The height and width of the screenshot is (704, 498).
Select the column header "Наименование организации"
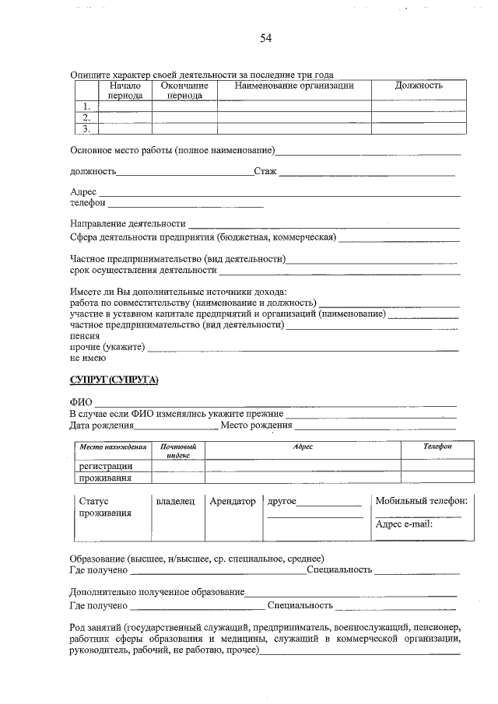tap(294, 86)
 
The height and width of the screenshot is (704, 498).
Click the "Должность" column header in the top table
tap(419, 86)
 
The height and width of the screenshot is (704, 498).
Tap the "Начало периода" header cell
tap(124, 90)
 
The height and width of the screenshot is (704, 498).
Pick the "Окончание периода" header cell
tap(184, 90)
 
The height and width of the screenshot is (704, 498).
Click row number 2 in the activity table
tap(86, 117)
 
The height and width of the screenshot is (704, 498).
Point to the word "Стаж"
tap(265, 171)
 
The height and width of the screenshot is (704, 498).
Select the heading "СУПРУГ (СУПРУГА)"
tap(114, 379)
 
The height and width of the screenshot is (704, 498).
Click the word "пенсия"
tap(84, 336)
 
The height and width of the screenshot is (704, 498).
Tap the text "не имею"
tap(88, 358)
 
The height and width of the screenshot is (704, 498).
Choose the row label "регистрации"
tap(105, 465)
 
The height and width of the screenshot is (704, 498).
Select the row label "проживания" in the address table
tap(105, 478)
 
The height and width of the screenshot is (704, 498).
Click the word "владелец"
tap(175, 502)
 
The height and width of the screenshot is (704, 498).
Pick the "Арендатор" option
tap(233, 502)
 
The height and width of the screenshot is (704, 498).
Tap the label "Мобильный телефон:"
tap(421, 502)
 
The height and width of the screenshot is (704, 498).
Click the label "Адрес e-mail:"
tap(403, 524)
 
